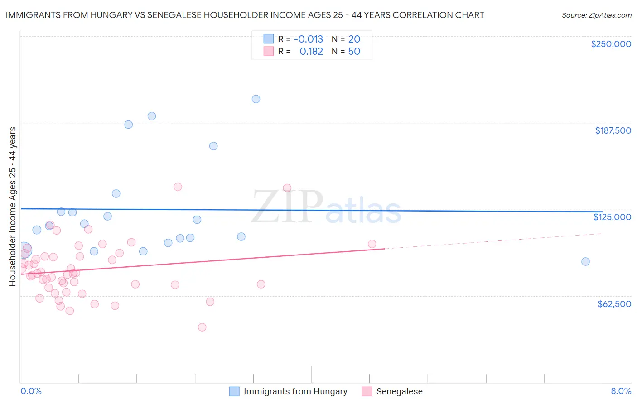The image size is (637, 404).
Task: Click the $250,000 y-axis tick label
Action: point(611,44)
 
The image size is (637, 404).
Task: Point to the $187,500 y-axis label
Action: point(613,130)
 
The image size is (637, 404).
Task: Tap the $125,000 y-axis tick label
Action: point(612,217)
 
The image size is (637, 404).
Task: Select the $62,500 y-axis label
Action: point(614,304)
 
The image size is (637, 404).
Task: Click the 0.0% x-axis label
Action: point(31,391)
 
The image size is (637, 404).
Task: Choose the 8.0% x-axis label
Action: point(621,391)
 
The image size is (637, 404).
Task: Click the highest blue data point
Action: point(256,99)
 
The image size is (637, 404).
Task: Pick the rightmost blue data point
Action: point(585,261)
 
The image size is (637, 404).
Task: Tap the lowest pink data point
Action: point(202,327)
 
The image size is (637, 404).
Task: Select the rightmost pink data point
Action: point(372,244)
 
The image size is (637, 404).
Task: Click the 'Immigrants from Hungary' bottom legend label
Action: point(295,391)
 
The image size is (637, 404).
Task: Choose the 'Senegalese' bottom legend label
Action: point(399,391)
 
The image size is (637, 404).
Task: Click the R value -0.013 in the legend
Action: point(308,39)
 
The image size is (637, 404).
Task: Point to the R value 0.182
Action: point(311,52)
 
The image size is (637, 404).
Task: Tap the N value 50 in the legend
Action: point(354,52)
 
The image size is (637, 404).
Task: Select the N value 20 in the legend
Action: point(354,39)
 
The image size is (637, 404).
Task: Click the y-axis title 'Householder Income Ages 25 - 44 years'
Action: point(13,207)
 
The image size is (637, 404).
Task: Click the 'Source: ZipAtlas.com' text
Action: point(596,15)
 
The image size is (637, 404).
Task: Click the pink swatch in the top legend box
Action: point(269,51)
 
